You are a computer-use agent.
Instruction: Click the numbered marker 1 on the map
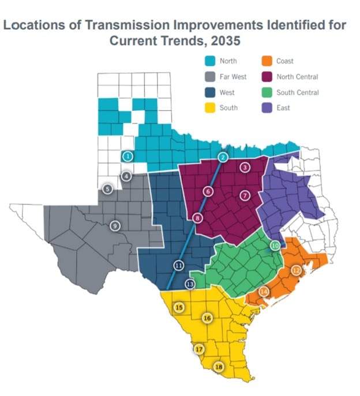[128, 156]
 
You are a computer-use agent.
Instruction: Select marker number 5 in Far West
[107, 188]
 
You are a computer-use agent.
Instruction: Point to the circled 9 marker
[115, 225]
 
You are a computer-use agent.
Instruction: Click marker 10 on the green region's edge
[275, 245]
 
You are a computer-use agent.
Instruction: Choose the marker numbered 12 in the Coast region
[297, 270]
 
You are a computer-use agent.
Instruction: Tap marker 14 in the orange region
[264, 292]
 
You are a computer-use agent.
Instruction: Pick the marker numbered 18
[219, 367]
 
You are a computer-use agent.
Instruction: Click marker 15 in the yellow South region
[179, 307]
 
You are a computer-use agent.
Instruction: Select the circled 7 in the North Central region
[245, 195]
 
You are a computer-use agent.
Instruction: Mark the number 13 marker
[190, 284]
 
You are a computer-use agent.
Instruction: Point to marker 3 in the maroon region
[245, 168]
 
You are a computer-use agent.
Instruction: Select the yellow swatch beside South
[211, 108]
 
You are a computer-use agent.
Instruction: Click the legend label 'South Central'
[297, 92]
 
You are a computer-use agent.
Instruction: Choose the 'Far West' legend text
[232, 77]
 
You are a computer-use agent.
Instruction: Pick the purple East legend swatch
[268, 108]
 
